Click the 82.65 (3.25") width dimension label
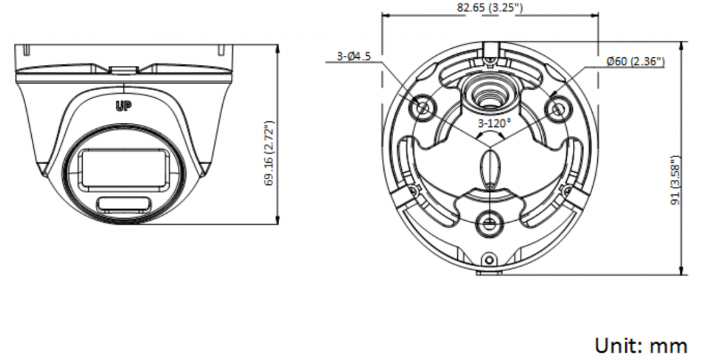pos(490,8)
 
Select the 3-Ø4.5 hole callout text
pos(354,57)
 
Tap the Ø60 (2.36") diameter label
pos(635,61)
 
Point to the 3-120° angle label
pos(494,123)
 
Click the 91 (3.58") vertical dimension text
pos(675,181)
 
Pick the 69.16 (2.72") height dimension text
pos(269,153)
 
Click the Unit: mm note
pos(641,346)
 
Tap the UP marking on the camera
pos(123,106)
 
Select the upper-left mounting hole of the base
pos(423,108)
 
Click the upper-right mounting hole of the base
pos(557,108)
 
